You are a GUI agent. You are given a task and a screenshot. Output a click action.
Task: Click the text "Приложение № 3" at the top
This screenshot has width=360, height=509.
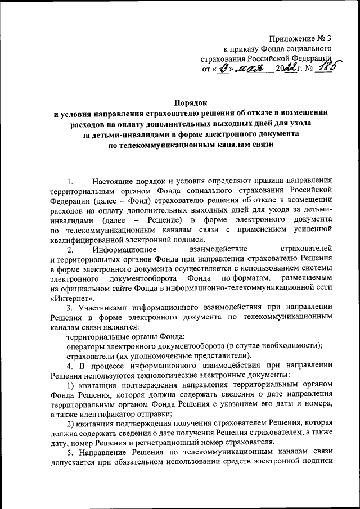(x=301, y=39)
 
